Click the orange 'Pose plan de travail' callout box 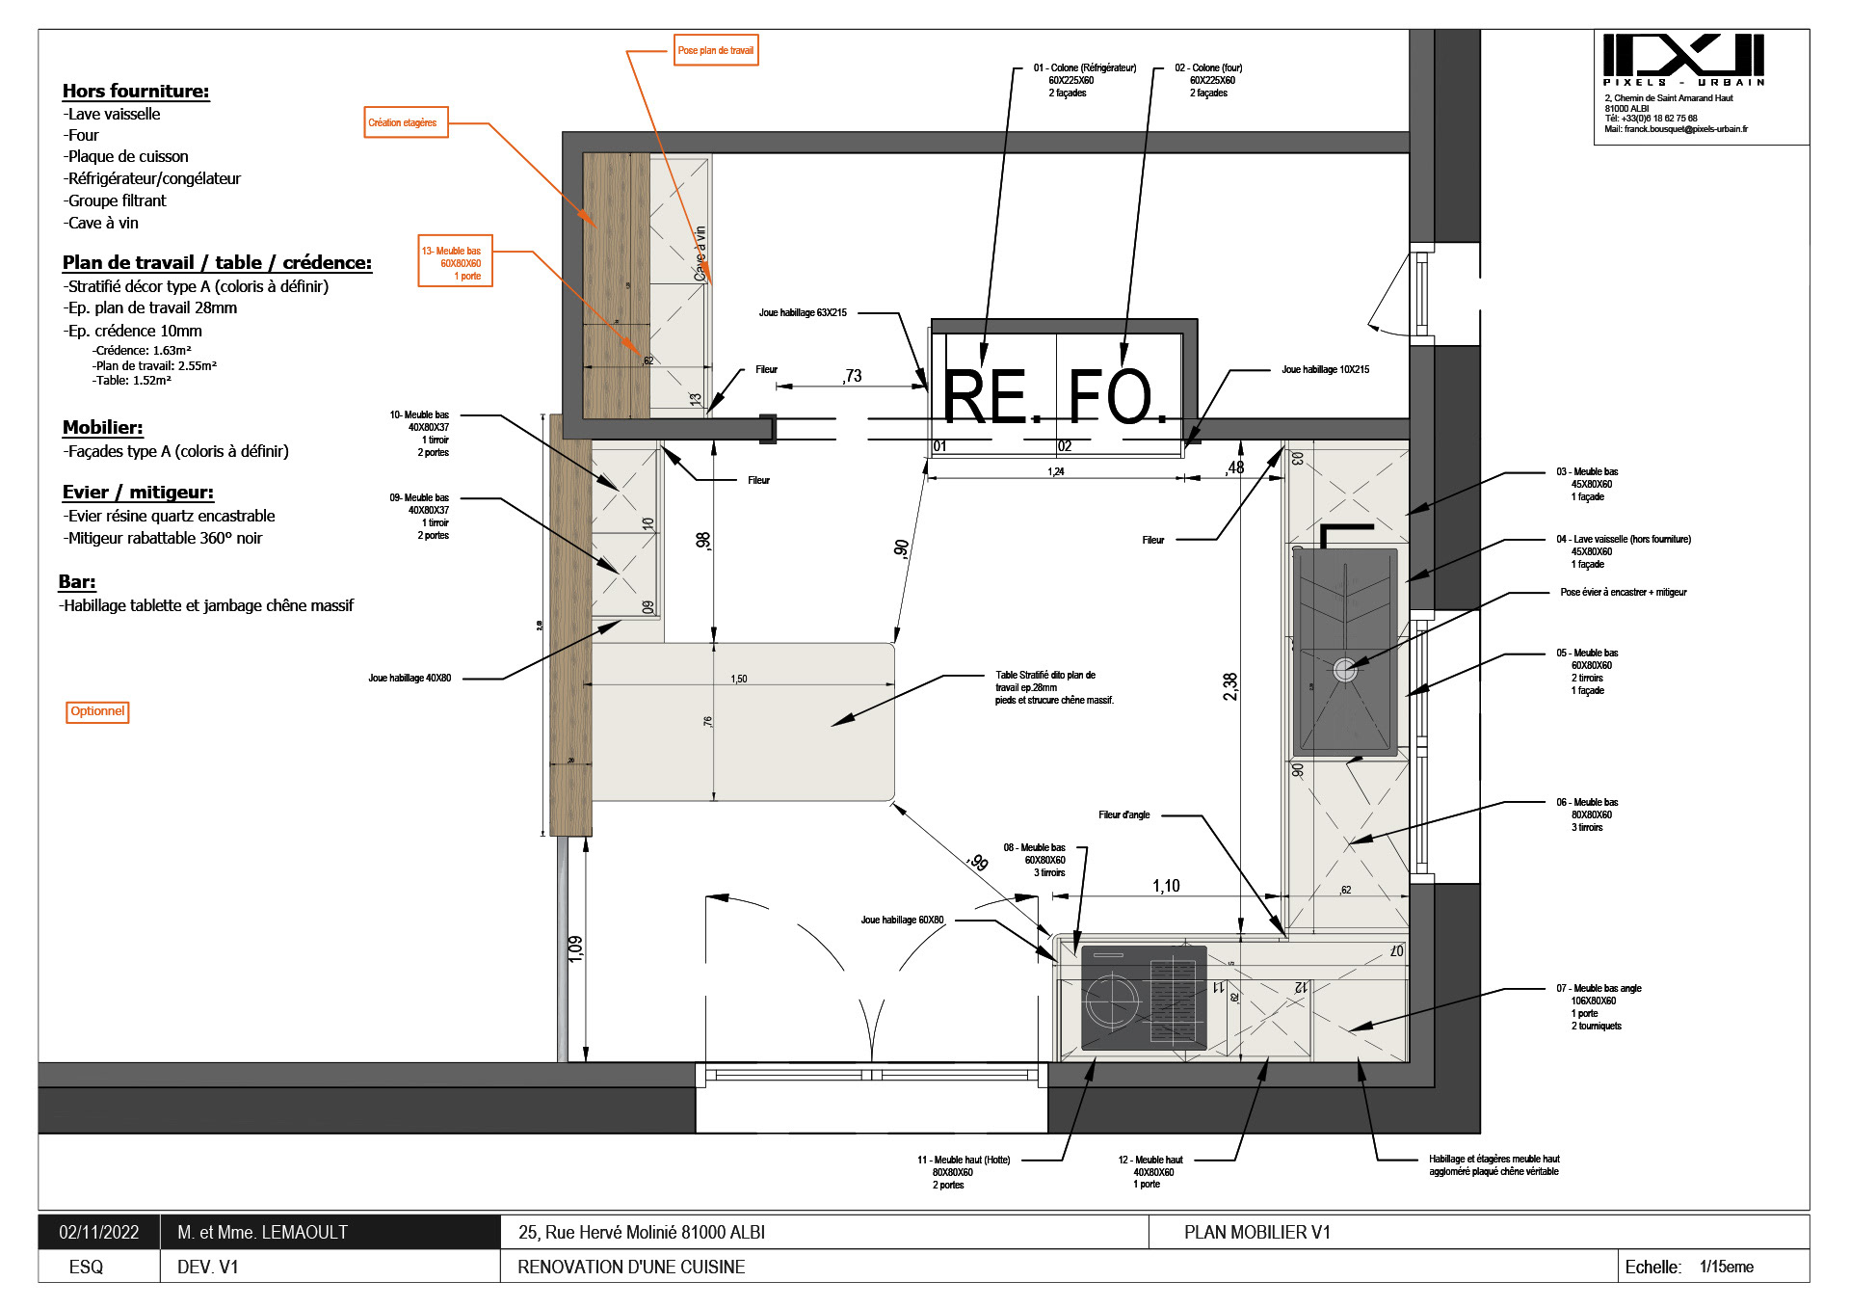tap(716, 50)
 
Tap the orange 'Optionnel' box tap(97, 711)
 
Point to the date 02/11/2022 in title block tap(98, 1232)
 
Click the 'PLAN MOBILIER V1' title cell tap(1256, 1232)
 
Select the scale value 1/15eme tap(1726, 1267)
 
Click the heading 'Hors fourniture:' tap(136, 91)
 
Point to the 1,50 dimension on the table tap(739, 679)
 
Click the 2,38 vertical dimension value tap(1230, 686)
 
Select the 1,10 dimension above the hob tap(1166, 886)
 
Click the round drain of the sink tap(1345, 668)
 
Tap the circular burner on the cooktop tap(1112, 1002)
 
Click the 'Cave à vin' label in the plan tap(700, 254)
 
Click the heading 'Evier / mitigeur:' tap(138, 492)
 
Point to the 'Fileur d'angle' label tap(1123, 814)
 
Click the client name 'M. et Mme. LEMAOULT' tap(262, 1232)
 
